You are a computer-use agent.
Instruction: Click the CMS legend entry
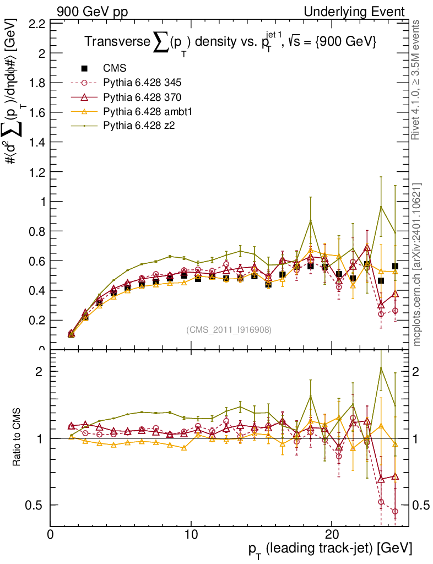(115, 69)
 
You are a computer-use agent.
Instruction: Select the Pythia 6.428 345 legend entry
(142, 83)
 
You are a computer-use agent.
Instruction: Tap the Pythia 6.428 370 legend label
(142, 97)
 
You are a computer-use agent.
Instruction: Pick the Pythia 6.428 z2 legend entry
(138, 126)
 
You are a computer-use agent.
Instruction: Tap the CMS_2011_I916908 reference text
(229, 329)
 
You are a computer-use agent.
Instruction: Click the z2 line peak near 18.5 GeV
(311, 220)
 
